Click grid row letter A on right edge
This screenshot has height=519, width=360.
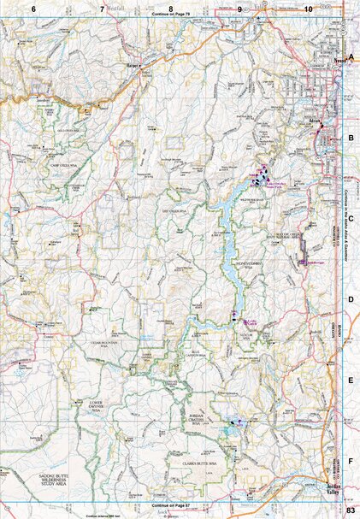coord(351,56)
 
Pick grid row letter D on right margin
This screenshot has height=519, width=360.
coord(351,300)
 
